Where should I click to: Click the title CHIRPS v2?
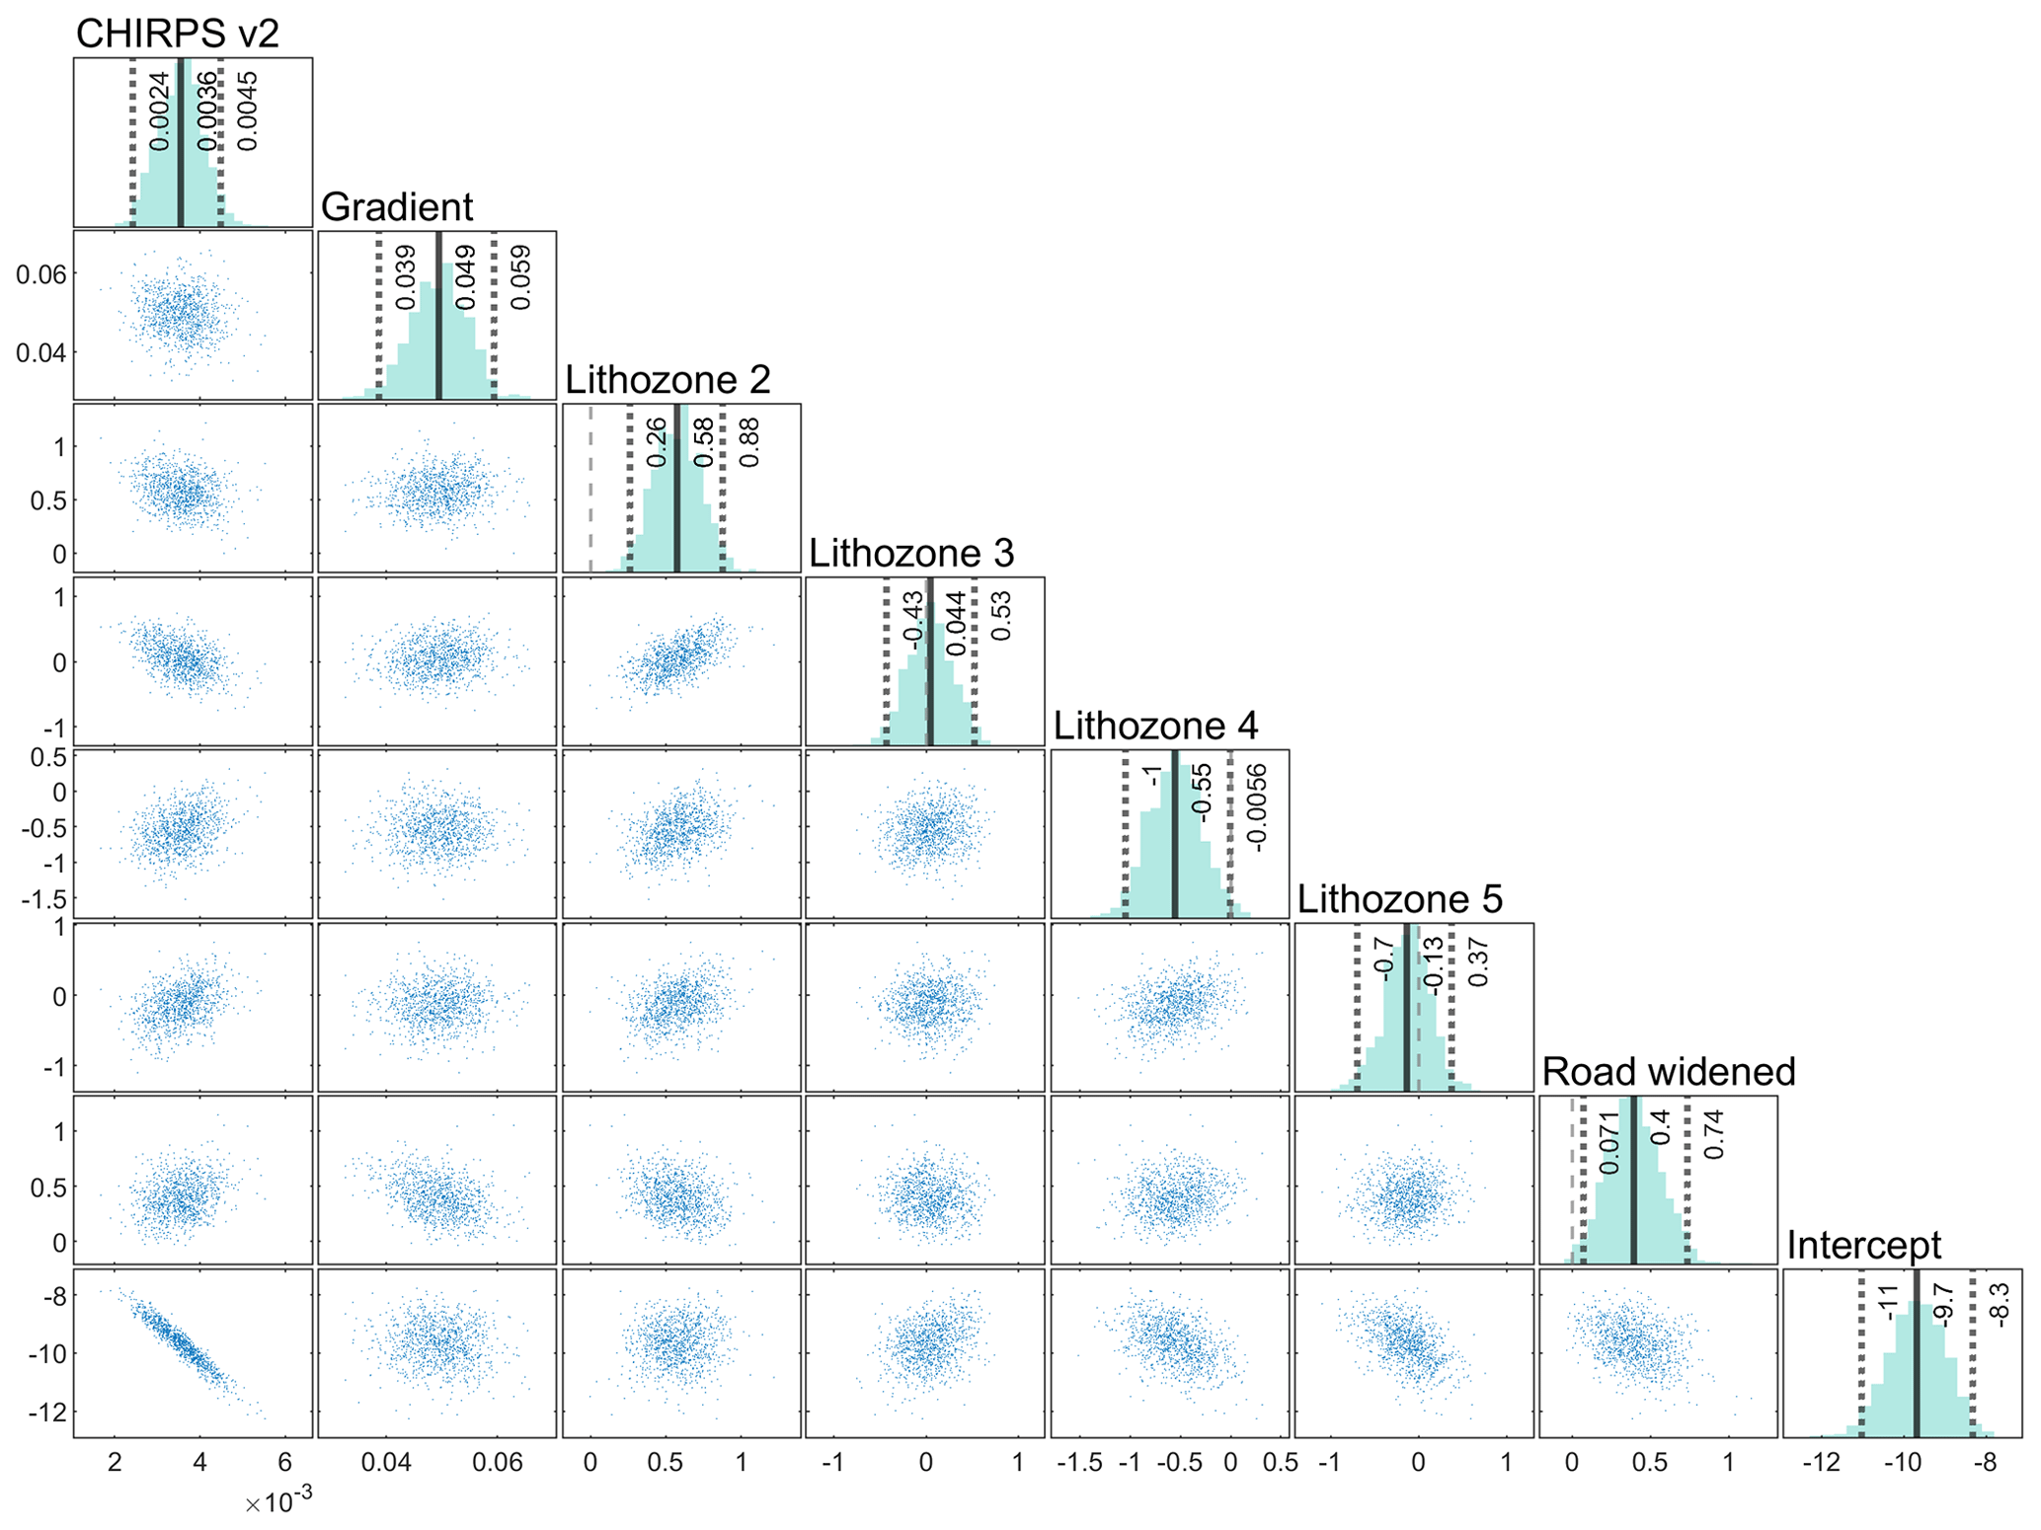click(x=177, y=34)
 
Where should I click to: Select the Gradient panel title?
click(x=397, y=207)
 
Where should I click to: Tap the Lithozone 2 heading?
click(x=667, y=380)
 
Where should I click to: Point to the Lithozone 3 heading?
click(x=911, y=554)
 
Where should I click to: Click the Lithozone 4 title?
click(x=1155, y=727)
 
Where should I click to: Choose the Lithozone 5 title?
click(x=1399, y=899)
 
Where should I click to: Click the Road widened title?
click(x=1668, y=1072)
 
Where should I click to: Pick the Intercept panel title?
click(x=1863, y=1246)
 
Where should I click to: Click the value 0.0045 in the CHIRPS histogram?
click(x=248, y=111)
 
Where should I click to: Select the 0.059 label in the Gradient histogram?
click(x=521, y=277)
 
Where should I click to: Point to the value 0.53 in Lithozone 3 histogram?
click(x=1001, y=616)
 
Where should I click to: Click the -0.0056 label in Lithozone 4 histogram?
click(x=1256, y=807)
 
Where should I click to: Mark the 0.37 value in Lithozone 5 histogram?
click(x=1478, y=962)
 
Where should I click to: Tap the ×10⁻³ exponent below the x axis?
click(x=278, y=1502)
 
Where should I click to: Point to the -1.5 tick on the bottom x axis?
click(x=1079, y=1463)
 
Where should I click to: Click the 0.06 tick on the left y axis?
click(x=40, y=274)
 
